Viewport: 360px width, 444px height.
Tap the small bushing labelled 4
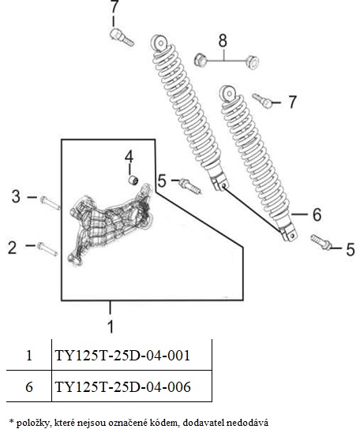(133, 181)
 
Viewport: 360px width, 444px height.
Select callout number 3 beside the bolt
(16, 196)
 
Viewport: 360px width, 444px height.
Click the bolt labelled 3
(51, 203)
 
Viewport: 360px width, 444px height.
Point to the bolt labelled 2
(47, 249)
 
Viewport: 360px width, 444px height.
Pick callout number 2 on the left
(12, 247)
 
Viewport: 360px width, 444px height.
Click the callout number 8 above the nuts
(223, 40)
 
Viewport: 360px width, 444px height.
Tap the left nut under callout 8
(201, 60)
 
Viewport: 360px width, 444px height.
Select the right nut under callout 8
(252, 62)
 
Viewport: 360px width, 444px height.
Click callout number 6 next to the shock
(317, 215)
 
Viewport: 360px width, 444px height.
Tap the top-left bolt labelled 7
(122, 37)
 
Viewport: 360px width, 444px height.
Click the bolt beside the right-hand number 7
(263, 100)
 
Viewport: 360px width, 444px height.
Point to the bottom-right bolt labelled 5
(321, 242)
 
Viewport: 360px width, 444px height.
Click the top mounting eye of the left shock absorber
(160, 43)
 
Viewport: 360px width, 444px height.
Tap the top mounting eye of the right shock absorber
(228, 93)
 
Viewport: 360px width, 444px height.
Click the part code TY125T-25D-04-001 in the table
(122, 355)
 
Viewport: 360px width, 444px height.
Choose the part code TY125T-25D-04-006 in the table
(122, 386)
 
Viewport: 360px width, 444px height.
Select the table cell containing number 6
(29, 386)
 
